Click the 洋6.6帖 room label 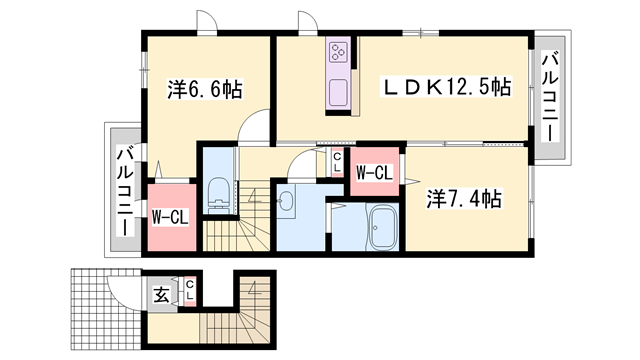pyautogui.click(x=204, y=89)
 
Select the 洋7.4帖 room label pyautogui.click(x=464, y=197)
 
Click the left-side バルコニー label pyautogui.click(x=125, y=191)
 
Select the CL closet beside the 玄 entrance pyautogui.click(x=188, y=292)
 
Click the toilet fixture pyautogui.click(x=218, y=194)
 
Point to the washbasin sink pyautogui.click(x=287, y=201)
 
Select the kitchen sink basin pyautogui.click(x=337, y=92)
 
